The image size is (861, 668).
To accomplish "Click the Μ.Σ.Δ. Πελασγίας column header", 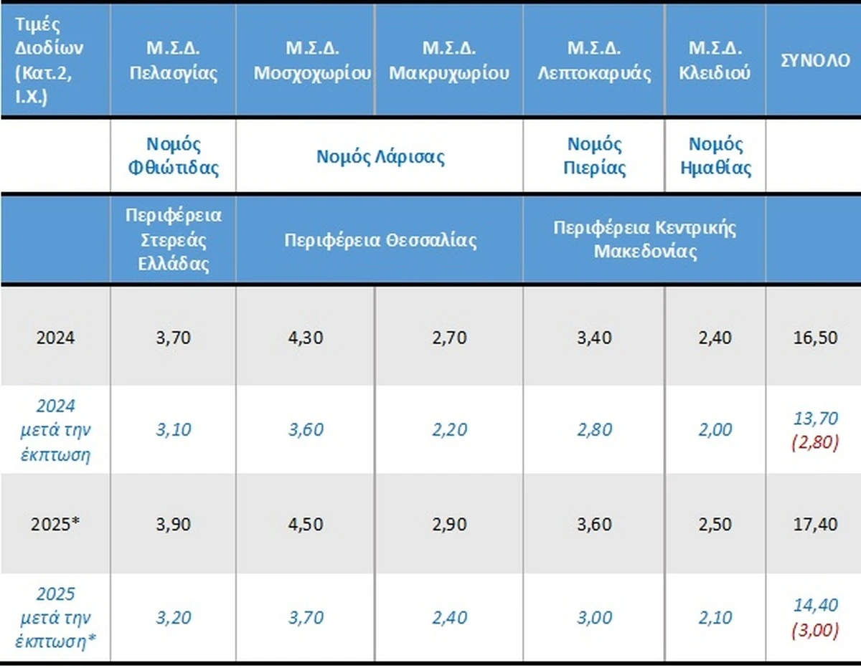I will (174, 61).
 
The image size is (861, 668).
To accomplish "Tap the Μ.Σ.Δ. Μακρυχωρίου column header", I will (449, 61).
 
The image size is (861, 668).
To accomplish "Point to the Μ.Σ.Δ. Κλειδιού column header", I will (715, 61).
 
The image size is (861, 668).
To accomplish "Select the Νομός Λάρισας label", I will (380, 156).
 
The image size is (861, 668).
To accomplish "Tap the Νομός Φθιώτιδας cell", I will (174, 156).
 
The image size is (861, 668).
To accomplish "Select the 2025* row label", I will (55, 524).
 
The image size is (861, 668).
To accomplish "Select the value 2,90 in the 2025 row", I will (449, 524).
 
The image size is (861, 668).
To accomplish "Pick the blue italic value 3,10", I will (172, 430).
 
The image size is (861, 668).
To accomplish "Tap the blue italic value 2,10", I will (715, 617).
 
